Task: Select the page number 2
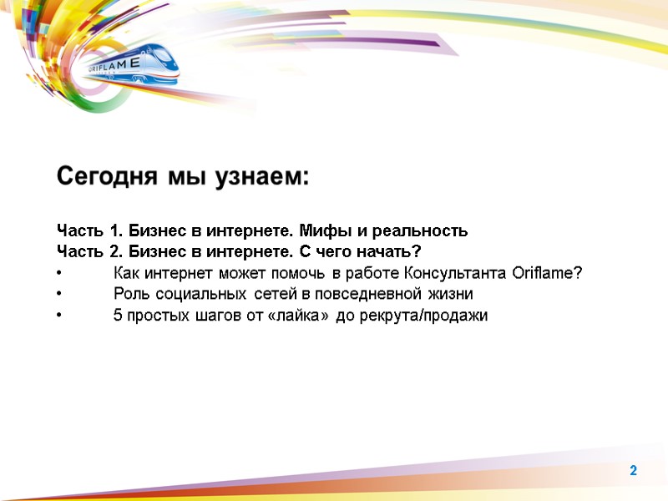633,472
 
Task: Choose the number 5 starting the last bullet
117,316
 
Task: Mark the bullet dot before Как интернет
59,274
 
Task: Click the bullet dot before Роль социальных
59,295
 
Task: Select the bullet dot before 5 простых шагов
59,316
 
